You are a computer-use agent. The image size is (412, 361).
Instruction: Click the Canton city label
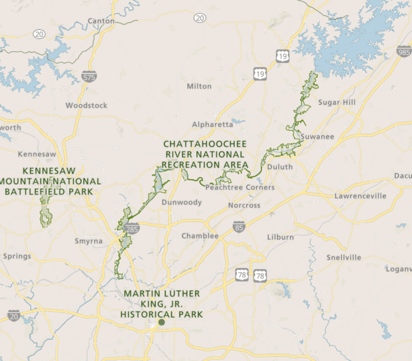click(x=101, y=21)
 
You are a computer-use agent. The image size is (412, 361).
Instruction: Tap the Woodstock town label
click(x=87, y=105)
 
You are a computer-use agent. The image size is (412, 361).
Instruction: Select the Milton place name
click(x=199, y=86)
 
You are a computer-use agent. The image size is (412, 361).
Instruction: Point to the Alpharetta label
click(x=213, y=124)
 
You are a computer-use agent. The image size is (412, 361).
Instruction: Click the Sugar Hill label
click(x=337, y=102)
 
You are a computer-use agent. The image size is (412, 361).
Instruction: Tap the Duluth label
click(x=280, y=167)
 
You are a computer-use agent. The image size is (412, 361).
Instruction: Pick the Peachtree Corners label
click(x=240, y=187)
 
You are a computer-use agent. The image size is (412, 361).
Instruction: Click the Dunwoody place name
click(x=182, y=202)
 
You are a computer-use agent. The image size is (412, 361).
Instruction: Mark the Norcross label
click(x=244, y=205)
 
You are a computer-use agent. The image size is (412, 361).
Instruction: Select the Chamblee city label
click(x=200, y=236)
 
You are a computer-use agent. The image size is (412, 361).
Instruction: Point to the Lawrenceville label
click(x=360, y=196)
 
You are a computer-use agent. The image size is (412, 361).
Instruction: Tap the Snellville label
click(x=344, y=257)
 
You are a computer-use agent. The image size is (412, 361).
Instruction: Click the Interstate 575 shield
click(x=88, y=78)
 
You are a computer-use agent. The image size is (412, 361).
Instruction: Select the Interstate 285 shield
click(x=132, y=228)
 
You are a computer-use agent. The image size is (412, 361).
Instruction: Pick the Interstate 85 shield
click(x=238, y=226)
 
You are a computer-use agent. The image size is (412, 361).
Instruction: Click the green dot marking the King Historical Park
click(x=161, y=322)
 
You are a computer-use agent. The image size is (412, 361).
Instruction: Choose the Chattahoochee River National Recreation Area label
click(x=204, y=154)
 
